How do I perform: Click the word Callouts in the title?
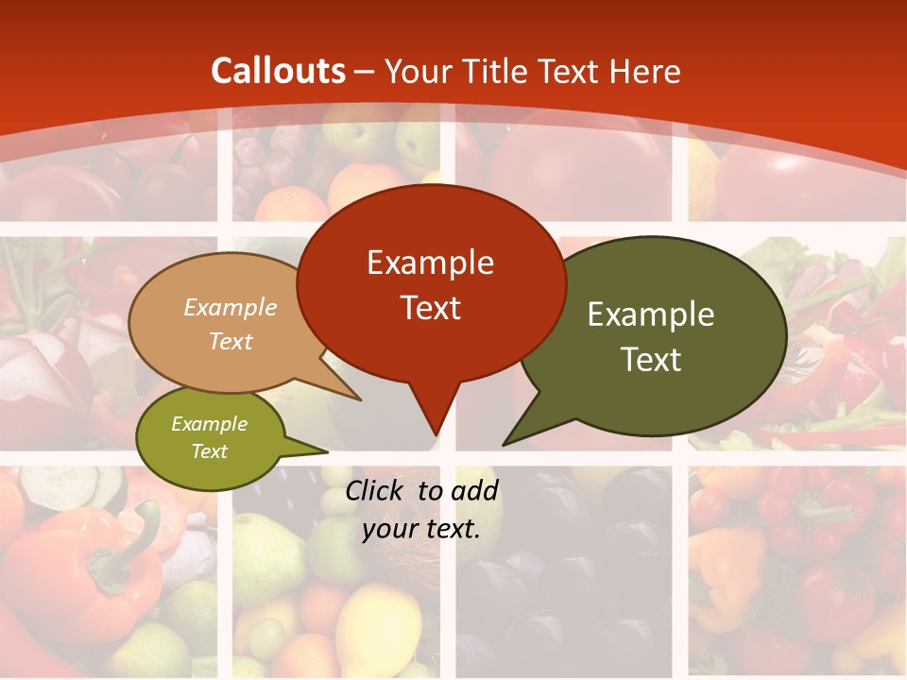279,71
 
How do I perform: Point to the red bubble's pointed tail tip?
436,433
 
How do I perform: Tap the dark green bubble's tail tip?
505,443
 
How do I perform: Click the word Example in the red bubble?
430,263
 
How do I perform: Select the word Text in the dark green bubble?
651,359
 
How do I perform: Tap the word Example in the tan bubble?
231,307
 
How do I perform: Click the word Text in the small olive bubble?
210,451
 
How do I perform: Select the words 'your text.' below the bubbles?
421,528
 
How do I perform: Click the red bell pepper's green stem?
142,538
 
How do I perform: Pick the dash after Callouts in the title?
366,71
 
